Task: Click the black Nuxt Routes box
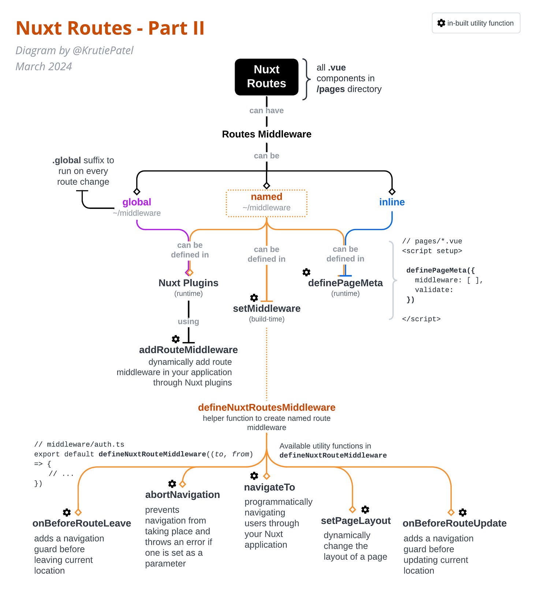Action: click(x=266, y=77)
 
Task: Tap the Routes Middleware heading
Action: click(x=266, y=134)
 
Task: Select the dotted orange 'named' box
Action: click(x=266, y=203)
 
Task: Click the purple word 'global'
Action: click(x=137, y=202)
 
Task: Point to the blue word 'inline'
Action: click(x=392, y=202)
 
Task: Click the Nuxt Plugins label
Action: click(x=188, y=283)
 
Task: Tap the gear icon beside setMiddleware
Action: click(x=254, y=298)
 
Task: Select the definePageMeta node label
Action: click(x=345, y=283)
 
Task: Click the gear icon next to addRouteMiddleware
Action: click(x=176, y=339)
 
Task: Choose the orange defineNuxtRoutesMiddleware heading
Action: click(x=266, y=407)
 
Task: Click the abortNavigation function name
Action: click(x=182, y=495)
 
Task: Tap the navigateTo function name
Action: click(x=269, y=487)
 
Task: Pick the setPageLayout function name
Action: click(x=356, y=521)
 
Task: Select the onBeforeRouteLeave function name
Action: click(x=82, y=523)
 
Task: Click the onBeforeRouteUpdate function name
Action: click(x=454, y=523)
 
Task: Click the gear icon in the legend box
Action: click(x=441, y=23)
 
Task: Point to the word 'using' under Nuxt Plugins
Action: click(x=188, y=322)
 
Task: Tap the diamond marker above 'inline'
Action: click(x=392, y=191)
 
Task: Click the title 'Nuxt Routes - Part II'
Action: click(x=110, y=28)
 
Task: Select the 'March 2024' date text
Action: click(x=44, y=67)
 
